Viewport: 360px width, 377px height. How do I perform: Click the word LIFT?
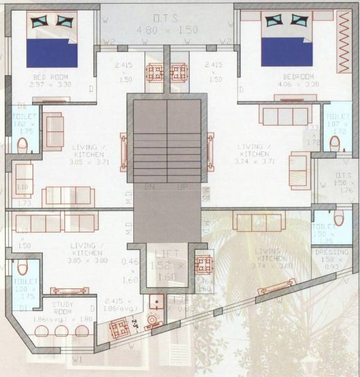click(166, 253)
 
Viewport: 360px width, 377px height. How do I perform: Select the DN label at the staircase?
click(150, 187)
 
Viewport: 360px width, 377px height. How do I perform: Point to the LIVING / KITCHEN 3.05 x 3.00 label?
click(84, 252)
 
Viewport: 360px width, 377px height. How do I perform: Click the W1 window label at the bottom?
click(77, 360)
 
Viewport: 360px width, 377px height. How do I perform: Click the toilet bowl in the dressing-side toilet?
click(339, 219)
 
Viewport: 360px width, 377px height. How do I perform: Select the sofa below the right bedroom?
click(286, 115)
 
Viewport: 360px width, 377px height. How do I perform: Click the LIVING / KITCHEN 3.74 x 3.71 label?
click(254, 153)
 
